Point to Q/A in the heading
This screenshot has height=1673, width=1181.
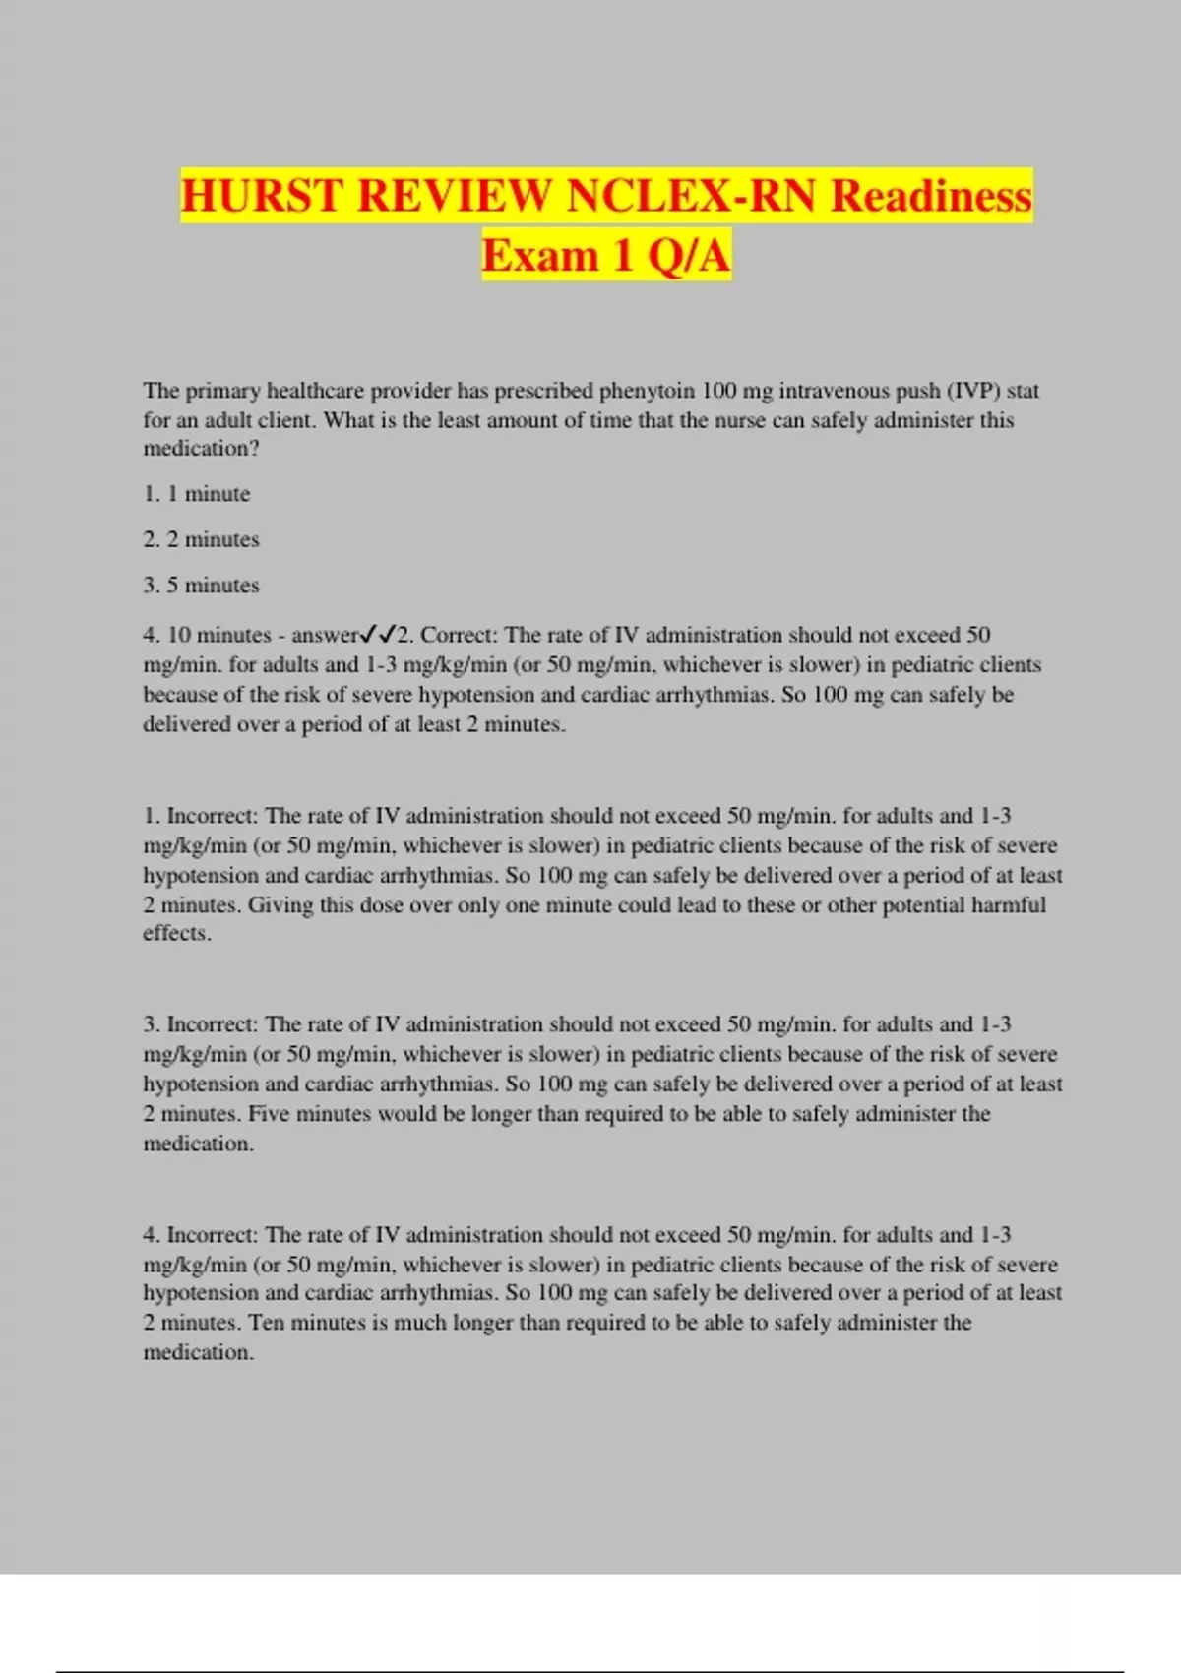click(688, 255)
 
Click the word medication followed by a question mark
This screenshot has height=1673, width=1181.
click(196, 449)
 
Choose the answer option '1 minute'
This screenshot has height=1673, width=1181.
click(208, 494)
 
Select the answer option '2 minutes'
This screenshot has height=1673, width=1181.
click(212, 539)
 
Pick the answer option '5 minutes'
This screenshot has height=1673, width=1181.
click(212, 585)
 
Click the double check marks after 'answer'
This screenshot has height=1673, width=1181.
click(377, 635)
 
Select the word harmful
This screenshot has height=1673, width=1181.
click(1008, 905)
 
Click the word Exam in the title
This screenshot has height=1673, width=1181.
click(539, 255)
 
